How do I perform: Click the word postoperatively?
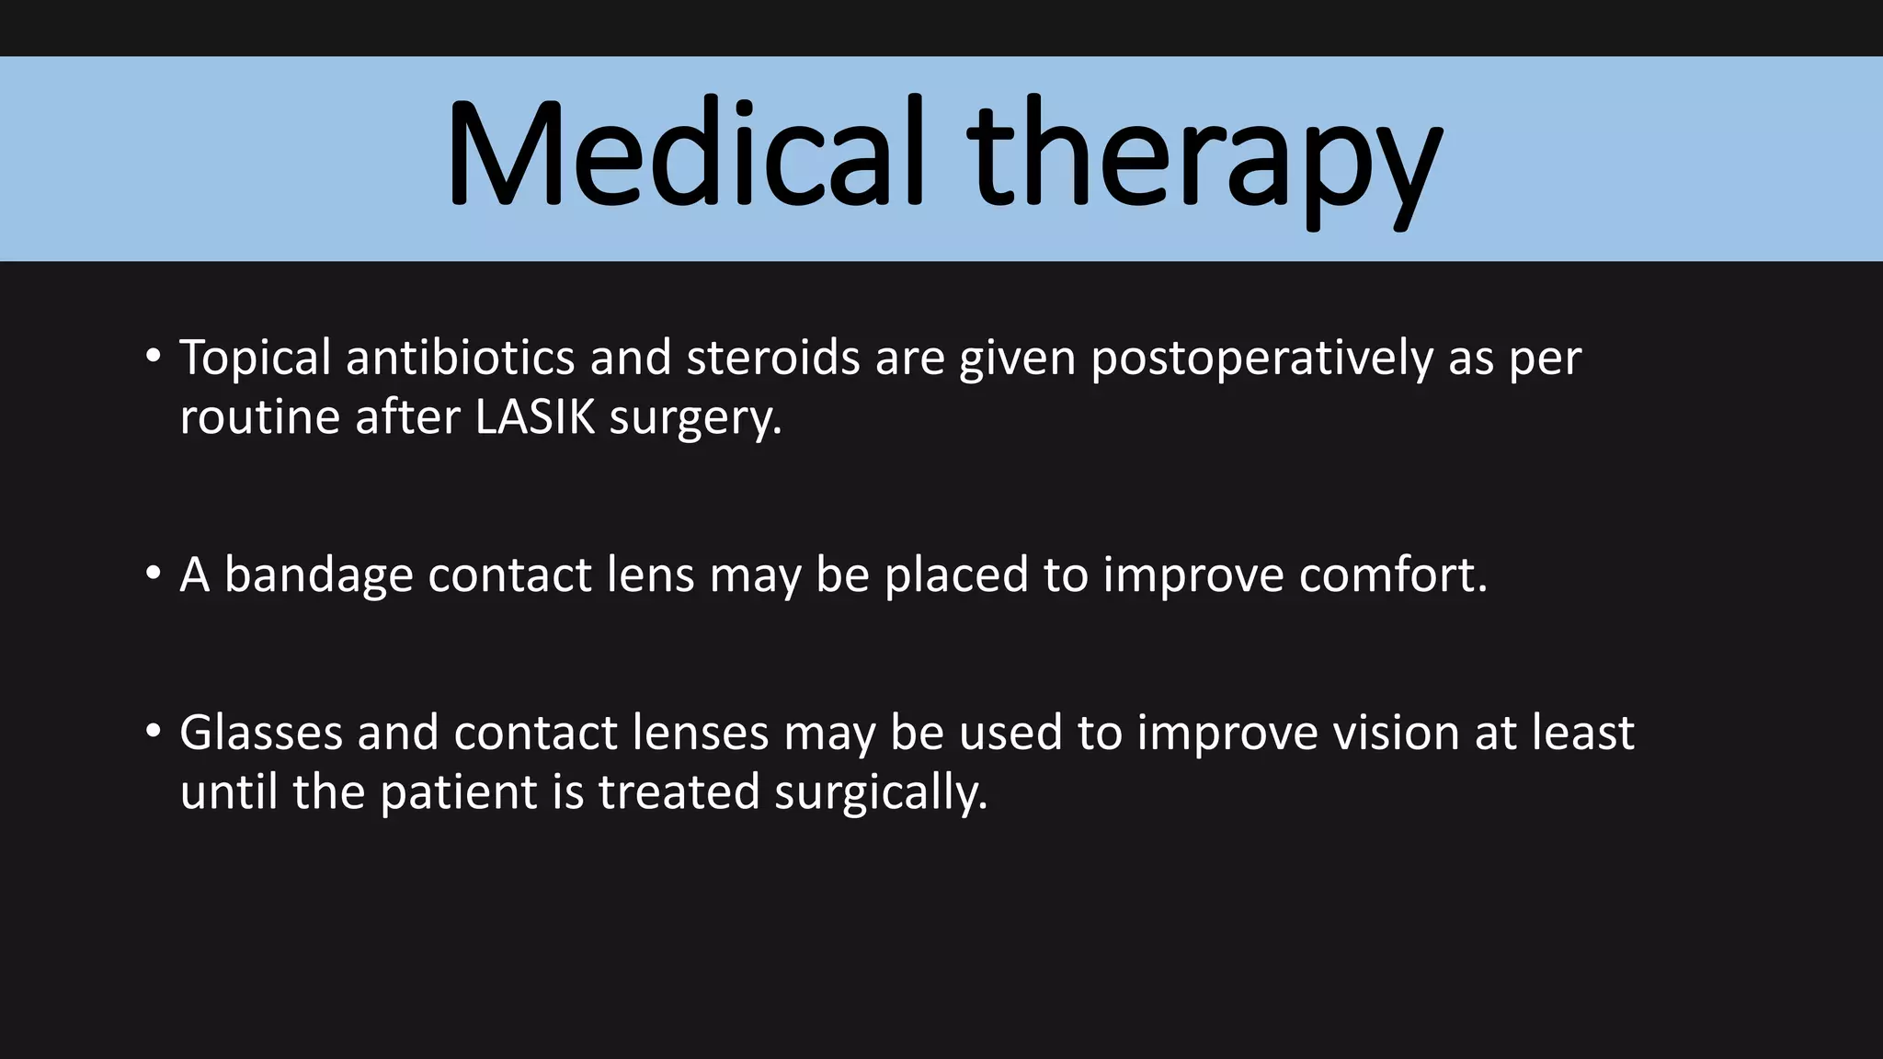click(x=1261, y=359)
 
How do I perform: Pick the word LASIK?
click(x=534, y=417)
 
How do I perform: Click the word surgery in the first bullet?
click(x=695, y=419)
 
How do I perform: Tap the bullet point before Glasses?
click(x=154, y=731)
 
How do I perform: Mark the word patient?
click(x=459, y=792)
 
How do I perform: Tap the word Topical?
click(x=255, y=359)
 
